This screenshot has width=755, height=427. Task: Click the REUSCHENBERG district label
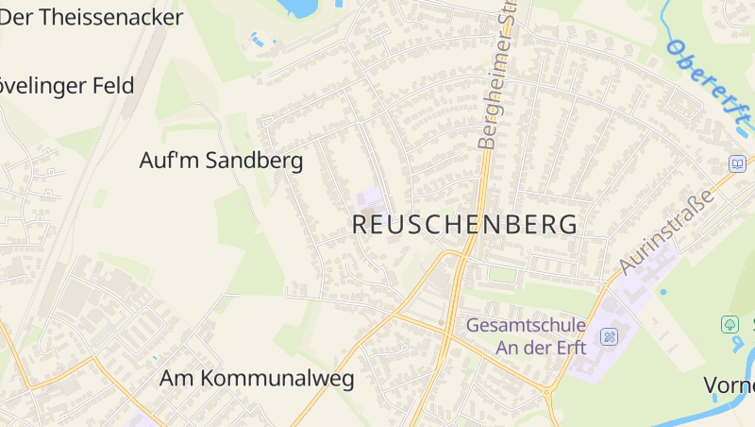coord(464,225)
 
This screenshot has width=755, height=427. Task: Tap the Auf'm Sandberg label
coord(221,161)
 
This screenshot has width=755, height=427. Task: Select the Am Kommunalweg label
coord(257,379)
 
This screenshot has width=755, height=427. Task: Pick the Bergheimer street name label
coord(500,80)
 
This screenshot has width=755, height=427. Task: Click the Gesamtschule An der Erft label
coord(527,336)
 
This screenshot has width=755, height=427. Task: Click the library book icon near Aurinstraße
coord(737,164)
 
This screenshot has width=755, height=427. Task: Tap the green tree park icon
coord(730,324)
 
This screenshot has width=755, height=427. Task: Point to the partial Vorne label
coord(730,384)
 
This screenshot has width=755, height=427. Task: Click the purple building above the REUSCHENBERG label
coord(370,199)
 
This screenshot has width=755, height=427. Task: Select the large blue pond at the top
coord(298,8)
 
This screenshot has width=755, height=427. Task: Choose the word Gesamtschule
coord(527,326)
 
